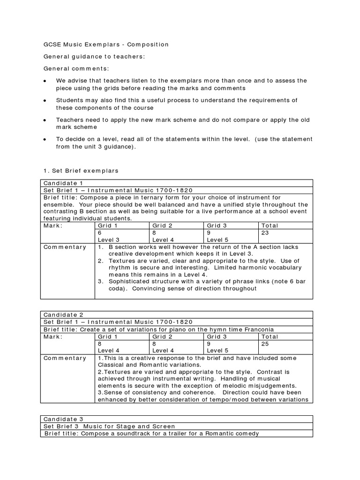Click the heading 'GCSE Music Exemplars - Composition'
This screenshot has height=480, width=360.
pos(105,45)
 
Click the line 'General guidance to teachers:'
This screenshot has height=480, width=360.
pos(94,57)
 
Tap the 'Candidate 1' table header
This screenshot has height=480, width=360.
pos(63,183)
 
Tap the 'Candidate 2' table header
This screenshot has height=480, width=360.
pos(63,315)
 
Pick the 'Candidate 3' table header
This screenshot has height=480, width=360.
pos(63,419)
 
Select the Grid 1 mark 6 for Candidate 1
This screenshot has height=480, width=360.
pos(99,232)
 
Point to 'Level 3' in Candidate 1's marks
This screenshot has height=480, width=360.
pos(108,239)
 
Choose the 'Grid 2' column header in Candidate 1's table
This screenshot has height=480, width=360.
pos(162,225)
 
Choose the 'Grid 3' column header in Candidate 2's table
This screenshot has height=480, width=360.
pos(217,337)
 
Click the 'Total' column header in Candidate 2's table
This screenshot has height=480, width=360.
pos(270,337)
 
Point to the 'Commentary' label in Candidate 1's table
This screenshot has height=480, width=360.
pos(65,247)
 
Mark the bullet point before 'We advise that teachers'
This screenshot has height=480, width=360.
pos(45,81)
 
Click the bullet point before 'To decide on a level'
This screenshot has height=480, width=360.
pos(45,140)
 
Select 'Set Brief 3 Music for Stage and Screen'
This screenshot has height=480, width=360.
pos(109,426)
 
